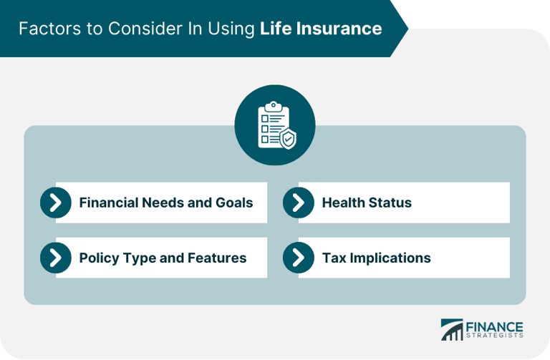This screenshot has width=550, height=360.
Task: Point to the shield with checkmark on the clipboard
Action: click(288, 137)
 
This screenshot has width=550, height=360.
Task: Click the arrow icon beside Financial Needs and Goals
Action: click(56, 203)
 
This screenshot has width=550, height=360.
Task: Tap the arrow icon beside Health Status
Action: click(299, 203)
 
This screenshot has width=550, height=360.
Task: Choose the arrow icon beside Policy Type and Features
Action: click(56, 258)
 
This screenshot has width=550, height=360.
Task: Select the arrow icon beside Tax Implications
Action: click(299, 258)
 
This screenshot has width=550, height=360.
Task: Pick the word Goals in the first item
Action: click(234, 203)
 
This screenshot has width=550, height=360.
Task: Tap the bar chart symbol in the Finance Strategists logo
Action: click(452, 329)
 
